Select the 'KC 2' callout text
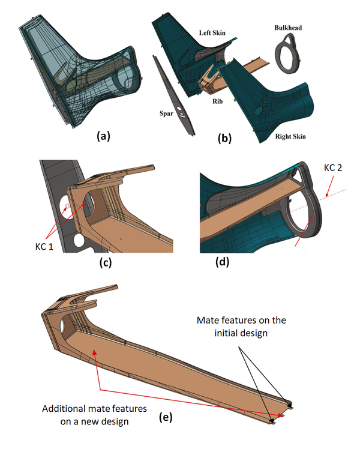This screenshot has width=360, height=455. tap(334, 169)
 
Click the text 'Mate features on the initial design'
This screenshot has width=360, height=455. tap(242, 327)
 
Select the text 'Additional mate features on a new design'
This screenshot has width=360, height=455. tap(88, 414)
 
